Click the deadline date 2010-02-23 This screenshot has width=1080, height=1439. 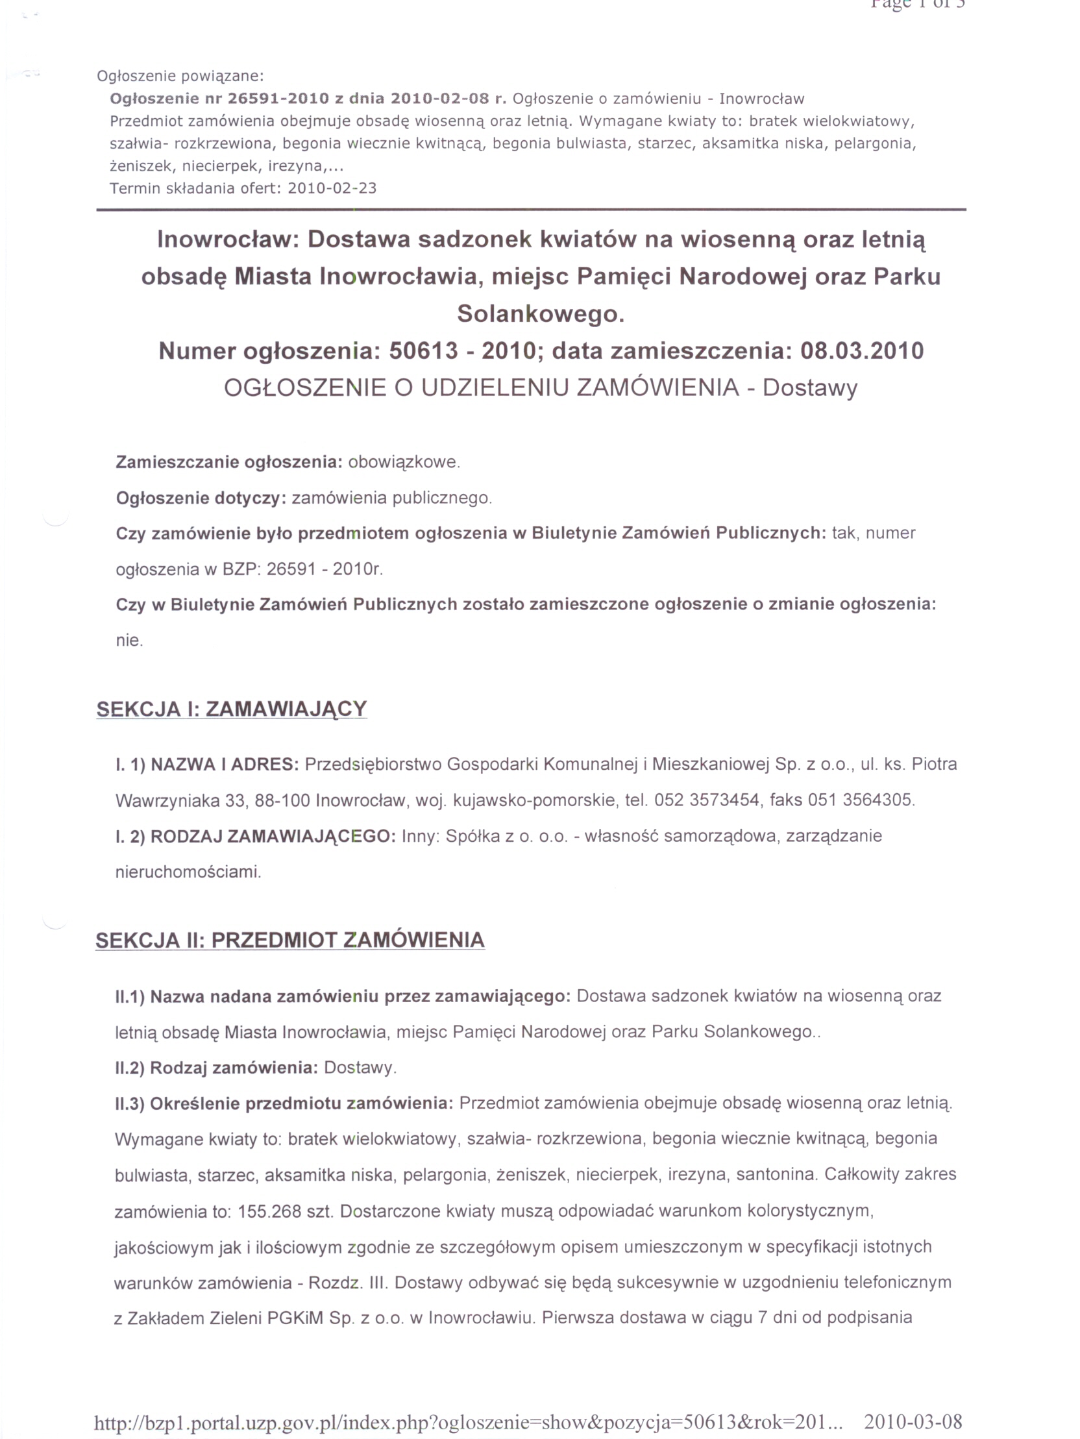(x=332, y=189)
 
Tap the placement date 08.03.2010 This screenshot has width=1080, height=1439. (x=861, y=351)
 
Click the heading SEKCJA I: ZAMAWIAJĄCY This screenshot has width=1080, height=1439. (x=232, y=708)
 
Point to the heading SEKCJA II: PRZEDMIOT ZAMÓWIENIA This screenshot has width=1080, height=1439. (x=290, y=940)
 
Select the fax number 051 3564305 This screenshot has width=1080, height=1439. (x=860, y=800)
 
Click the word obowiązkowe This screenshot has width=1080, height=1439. (x=403, y=463)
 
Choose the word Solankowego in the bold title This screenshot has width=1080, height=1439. (x=540, y=314)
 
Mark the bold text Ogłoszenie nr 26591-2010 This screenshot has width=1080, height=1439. (x=219, y=99)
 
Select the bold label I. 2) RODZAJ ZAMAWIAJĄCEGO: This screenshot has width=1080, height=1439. (x=256, y=836)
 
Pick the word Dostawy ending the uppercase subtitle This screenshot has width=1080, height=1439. (x=810, y=387)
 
